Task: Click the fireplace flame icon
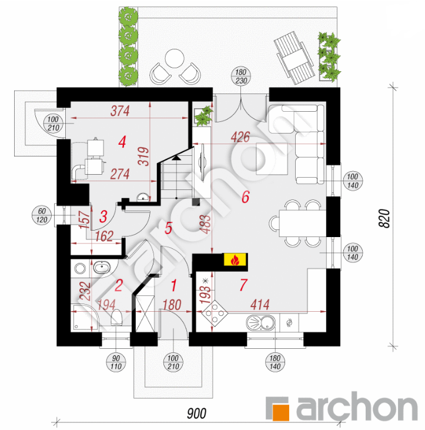coord(235,260)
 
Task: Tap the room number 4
coord(122,142)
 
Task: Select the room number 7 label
coord(243,285)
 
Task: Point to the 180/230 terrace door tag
coord(241,76)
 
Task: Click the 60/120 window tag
coord(42,215)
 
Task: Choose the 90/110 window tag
coord(116,362)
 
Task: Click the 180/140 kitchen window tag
coord(275,362)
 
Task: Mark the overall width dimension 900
coord(196,414)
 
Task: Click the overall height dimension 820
coord(384,218)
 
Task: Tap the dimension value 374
coord(120,111)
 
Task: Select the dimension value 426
coord(240,137)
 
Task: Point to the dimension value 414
coord(260,304)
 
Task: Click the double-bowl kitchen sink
coord(260,322)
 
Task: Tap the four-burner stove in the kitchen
coord(215,313)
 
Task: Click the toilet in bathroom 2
coord(116,318)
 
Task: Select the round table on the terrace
coord(175,58)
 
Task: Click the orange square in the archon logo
coord(280,412)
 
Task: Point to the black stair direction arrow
coord(176,158)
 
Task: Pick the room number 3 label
coord(103,216)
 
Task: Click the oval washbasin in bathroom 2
coord(102,268)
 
